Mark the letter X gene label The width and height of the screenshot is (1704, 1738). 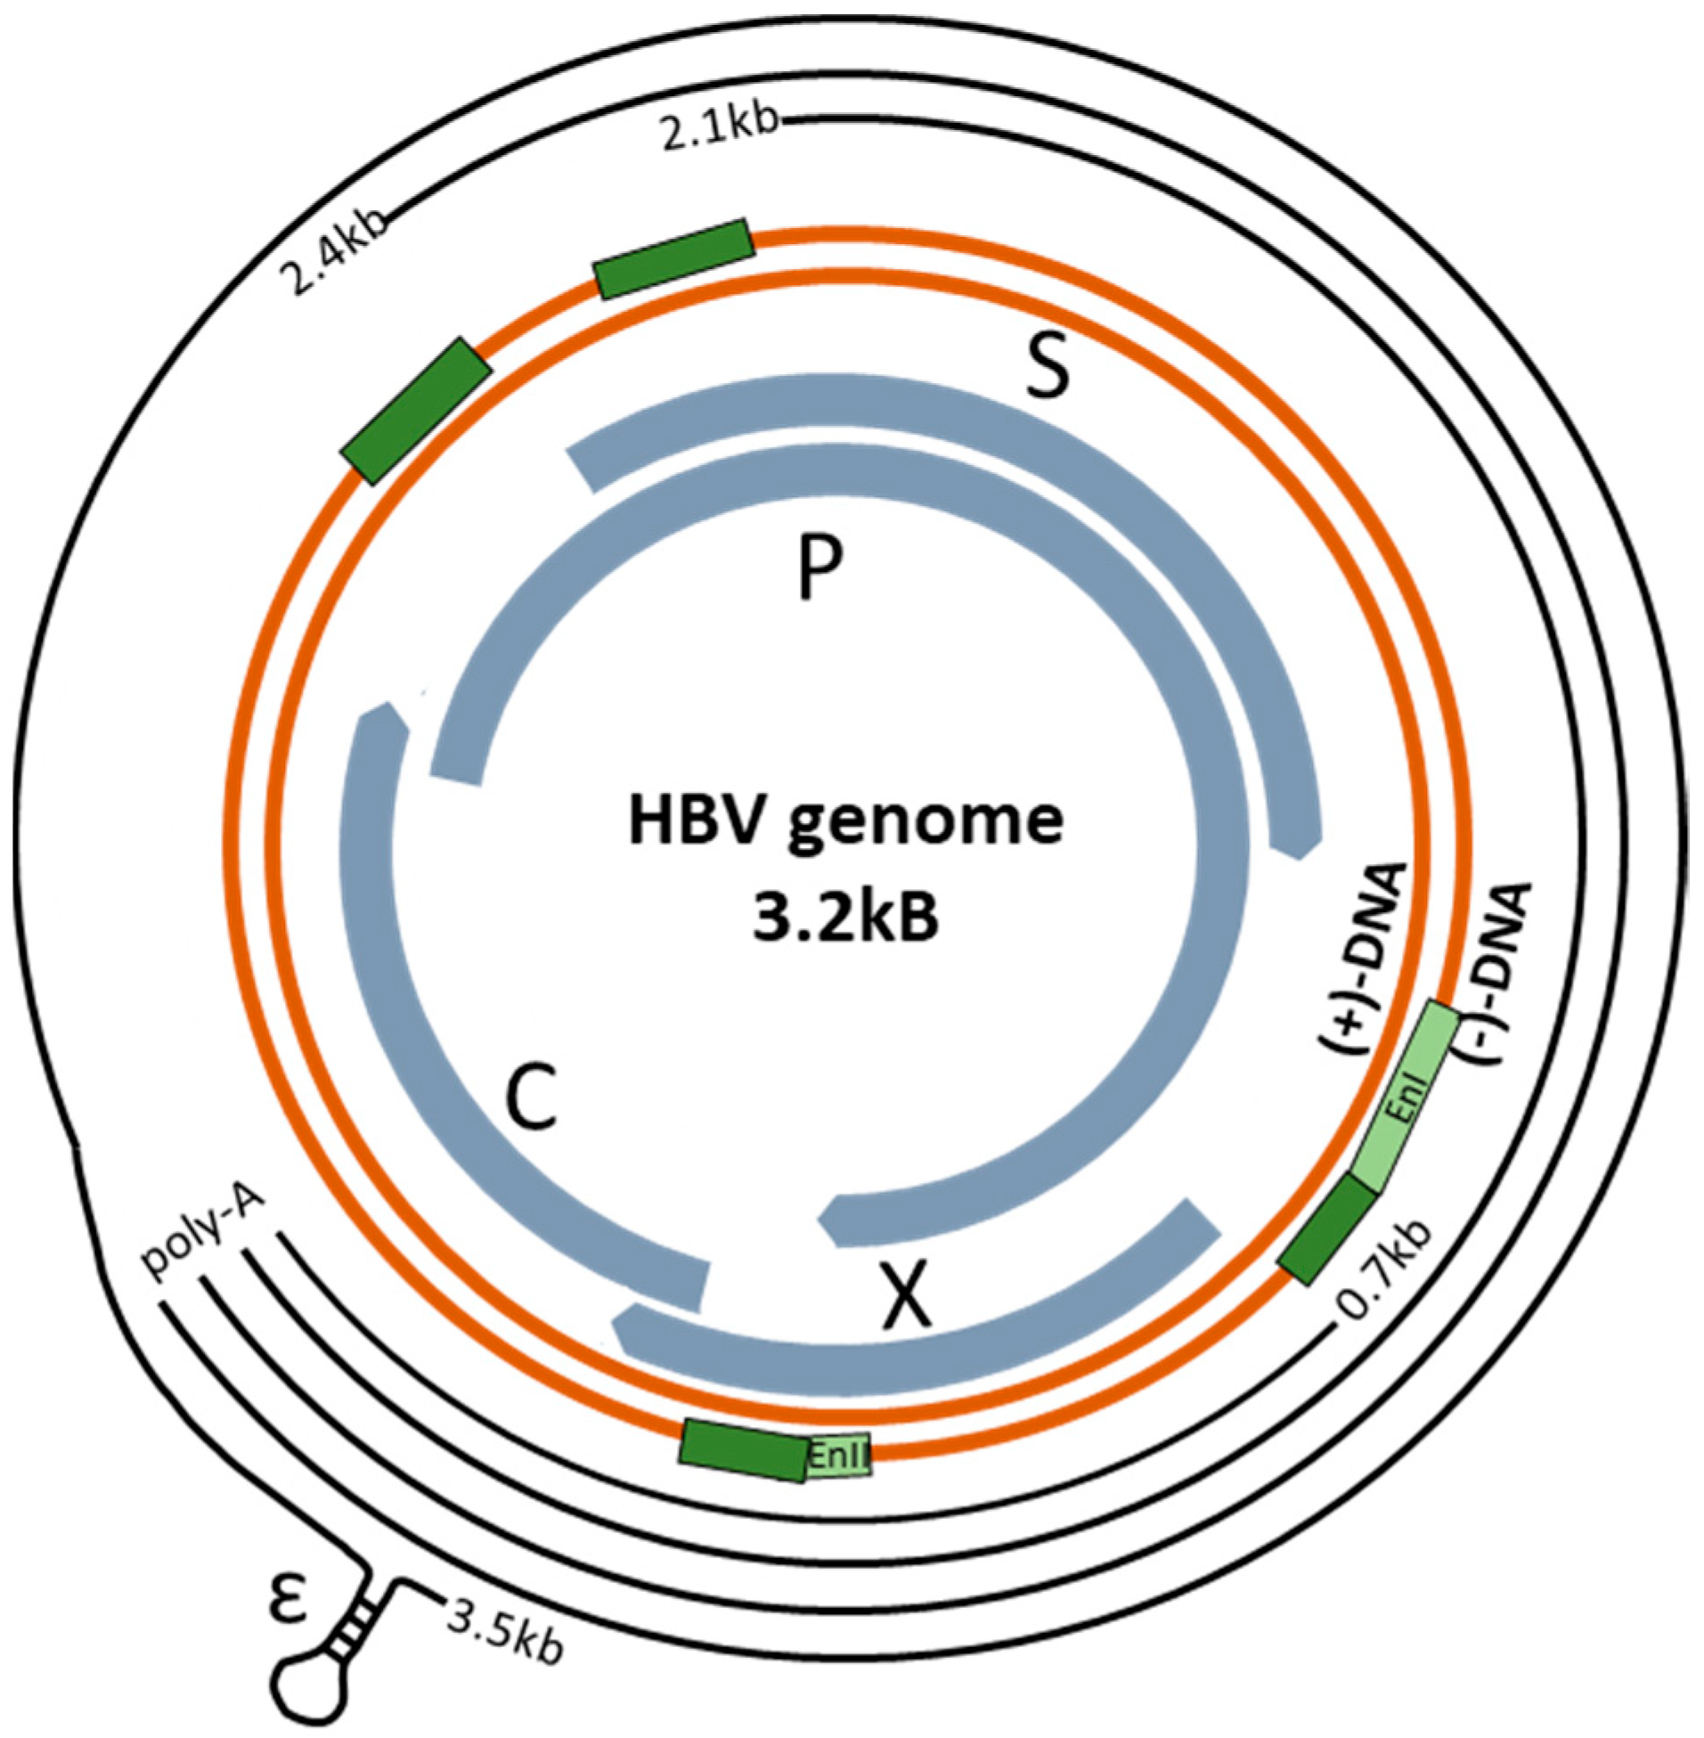[x=906, y=1300]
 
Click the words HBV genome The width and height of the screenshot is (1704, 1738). [x=844, y=820]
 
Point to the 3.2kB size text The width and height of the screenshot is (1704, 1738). [x=844, y=919]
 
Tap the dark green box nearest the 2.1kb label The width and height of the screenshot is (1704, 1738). [x=674, y=258]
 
